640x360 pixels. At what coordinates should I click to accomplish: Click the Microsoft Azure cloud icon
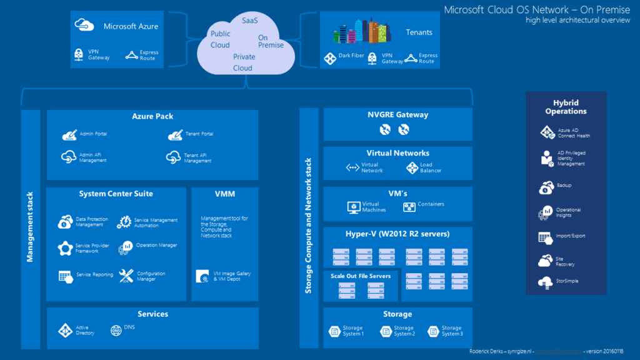pos(84,26)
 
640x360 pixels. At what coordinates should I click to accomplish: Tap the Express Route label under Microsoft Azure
pos(149,56)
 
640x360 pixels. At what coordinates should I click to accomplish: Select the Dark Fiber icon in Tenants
pos(330,59)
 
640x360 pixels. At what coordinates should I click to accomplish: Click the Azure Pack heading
pos(152,116)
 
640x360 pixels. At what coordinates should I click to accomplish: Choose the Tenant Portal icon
pos(174,135)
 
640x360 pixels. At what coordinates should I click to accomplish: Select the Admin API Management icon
pos(69,157)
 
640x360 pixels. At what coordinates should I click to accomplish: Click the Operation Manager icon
pos(126,247)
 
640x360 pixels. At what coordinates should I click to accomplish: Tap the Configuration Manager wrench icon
pos(126,276)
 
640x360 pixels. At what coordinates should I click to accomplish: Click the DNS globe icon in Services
pos(116,330)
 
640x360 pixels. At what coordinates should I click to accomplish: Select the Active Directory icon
pos(66,330)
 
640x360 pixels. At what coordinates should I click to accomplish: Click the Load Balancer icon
pos(411,168)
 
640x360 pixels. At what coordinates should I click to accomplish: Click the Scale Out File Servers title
pos(361,276)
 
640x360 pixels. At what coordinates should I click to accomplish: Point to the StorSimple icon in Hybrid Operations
pos(544,282)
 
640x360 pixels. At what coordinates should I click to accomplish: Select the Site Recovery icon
pos(544,261)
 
